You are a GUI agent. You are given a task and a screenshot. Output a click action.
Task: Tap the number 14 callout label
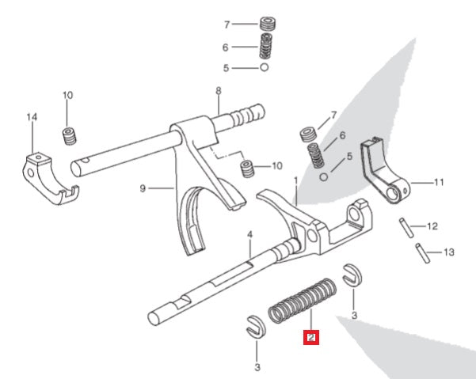click(x=32, y=118)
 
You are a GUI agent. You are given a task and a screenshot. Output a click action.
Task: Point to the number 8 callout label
click(x=219, y=91)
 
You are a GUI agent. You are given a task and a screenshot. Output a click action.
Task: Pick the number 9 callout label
click(x=142, y=188)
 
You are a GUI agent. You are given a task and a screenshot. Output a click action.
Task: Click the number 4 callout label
click(x=249, y=235)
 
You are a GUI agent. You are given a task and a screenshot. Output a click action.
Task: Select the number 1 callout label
click(x=295, y=180)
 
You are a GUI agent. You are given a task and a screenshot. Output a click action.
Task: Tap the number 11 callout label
click(x=440, y=182)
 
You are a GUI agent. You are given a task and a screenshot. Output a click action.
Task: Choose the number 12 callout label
click(x=432, y=226)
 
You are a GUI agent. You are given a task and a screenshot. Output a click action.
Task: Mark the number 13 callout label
click(x=449, y=253)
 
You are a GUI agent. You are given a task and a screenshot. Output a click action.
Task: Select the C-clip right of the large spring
click(x=352, y=276)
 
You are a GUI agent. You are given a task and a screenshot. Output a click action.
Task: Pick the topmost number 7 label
click(x=227, y=25)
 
